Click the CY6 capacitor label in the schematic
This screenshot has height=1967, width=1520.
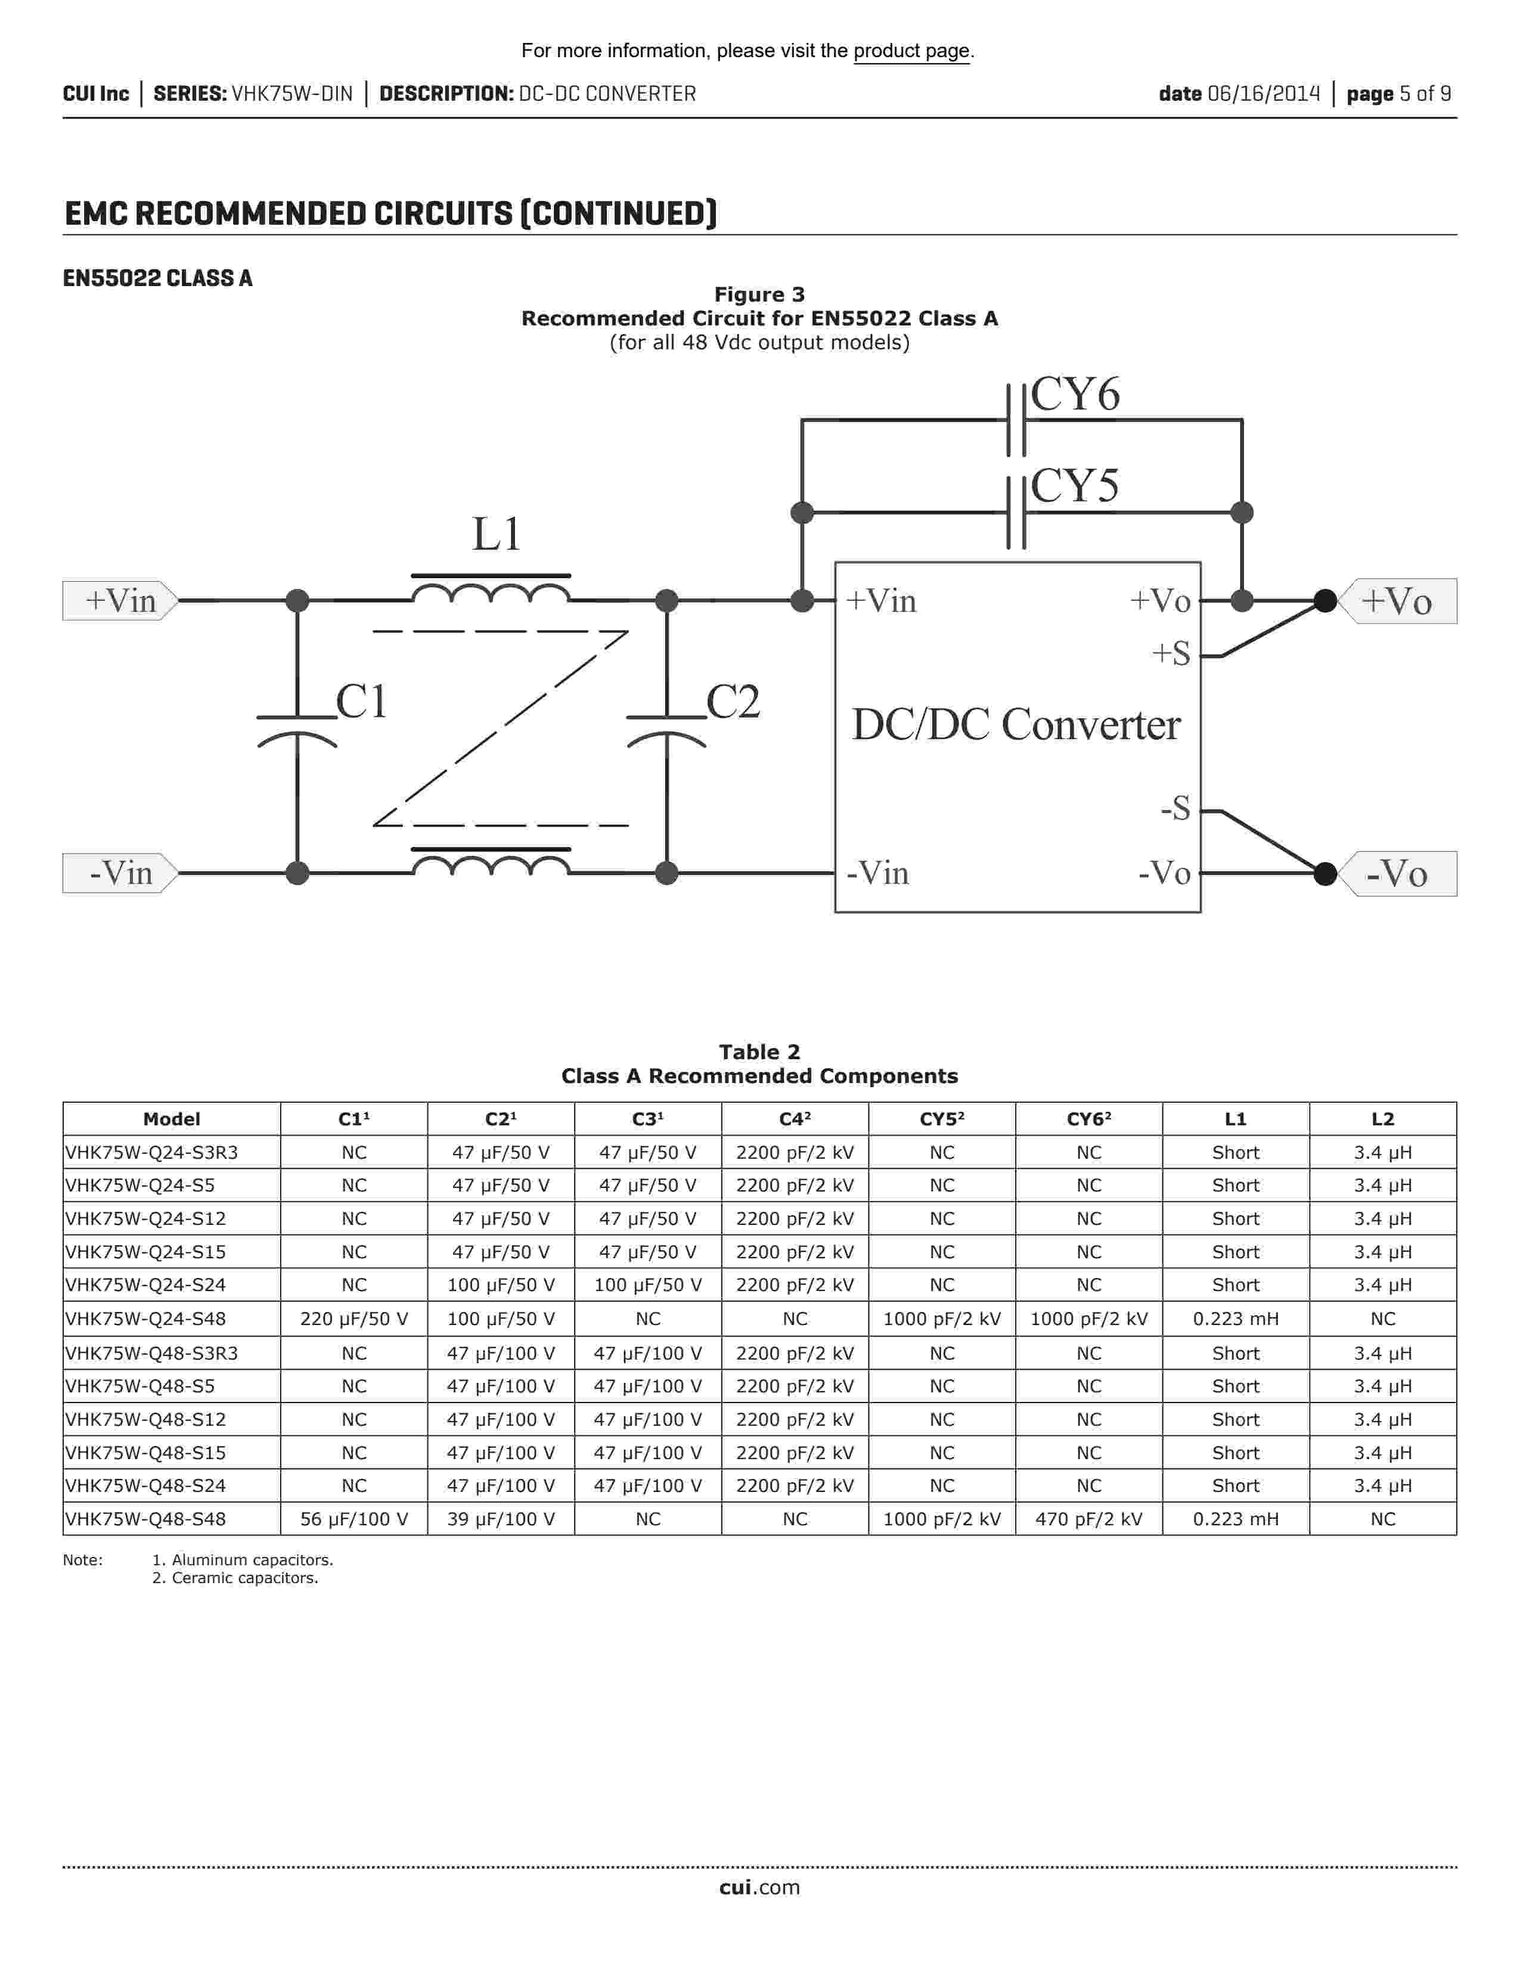[1075, 395]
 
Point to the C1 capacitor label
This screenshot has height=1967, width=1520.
[361, 702]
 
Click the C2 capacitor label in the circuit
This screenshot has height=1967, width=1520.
[733, 702]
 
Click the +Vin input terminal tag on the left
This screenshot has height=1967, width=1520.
[120, 601]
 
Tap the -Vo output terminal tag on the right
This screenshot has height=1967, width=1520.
[1397, 874]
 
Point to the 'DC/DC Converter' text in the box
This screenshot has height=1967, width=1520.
[1016, 725]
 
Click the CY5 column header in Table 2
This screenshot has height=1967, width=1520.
[941, 1119]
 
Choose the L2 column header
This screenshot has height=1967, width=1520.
[1382, 1119]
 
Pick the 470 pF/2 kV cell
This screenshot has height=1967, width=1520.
[1088, 1519]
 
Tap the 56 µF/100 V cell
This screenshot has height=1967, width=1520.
[354, 1519]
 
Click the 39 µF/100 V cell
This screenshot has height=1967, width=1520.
[501, 1519]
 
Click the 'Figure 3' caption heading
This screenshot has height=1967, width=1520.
[759, 294]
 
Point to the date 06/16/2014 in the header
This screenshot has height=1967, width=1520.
[1262, 94]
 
